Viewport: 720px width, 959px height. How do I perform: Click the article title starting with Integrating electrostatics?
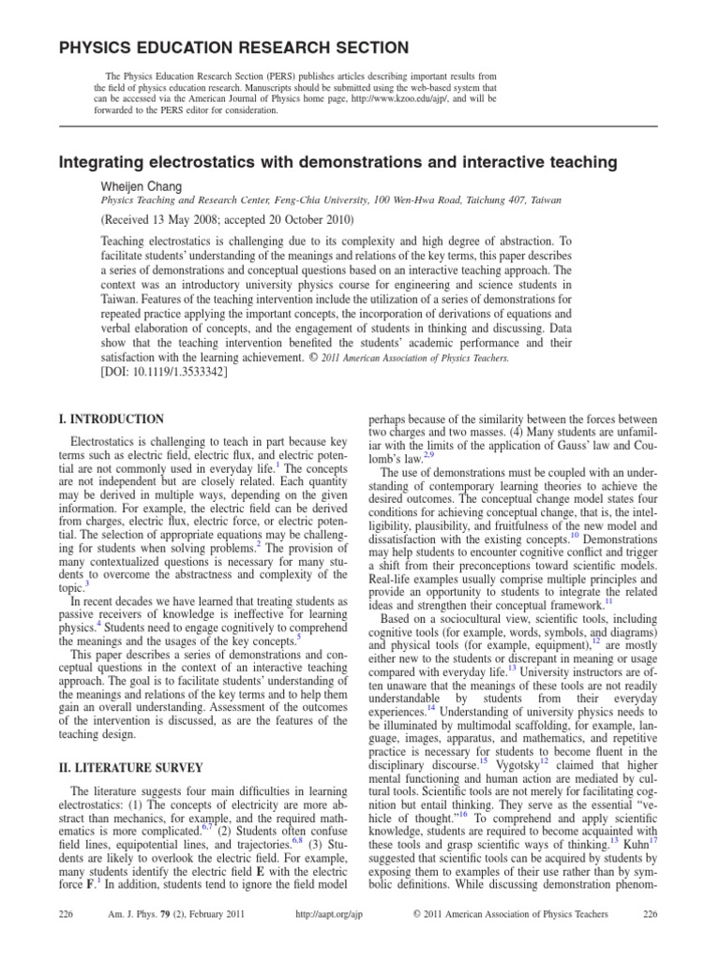(x=338, y=163)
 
